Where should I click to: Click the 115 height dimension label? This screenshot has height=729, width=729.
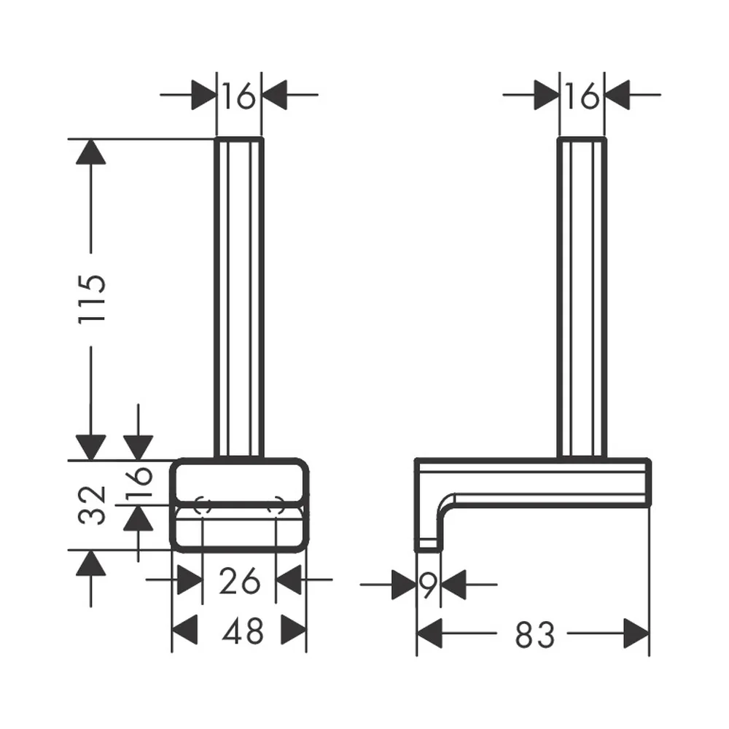pyautogui.click(x=92, y=300)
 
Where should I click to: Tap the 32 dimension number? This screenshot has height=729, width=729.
pyautogui.click(x=92, y=505)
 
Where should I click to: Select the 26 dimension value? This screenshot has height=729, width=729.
pyautogui.click(x=239, y=580)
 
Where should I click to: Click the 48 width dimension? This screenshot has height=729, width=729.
pyautogui.click(x=243, y=631)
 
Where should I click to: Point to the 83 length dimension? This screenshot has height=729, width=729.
pyautogui.click(x=534, y=635)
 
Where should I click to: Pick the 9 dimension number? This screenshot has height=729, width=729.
pyautogui.click(x=429, y=585)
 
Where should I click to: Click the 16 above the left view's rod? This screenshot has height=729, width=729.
pyautogui.click(x=239, y=95)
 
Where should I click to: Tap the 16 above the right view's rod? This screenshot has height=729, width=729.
pyautogui.click(x=582, y=95)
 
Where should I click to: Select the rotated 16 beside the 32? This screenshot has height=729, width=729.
pyautogui.click(x=139, y=482)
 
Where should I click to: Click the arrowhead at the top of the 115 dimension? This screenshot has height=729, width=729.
pyautogui.click(x=90, y=152)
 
